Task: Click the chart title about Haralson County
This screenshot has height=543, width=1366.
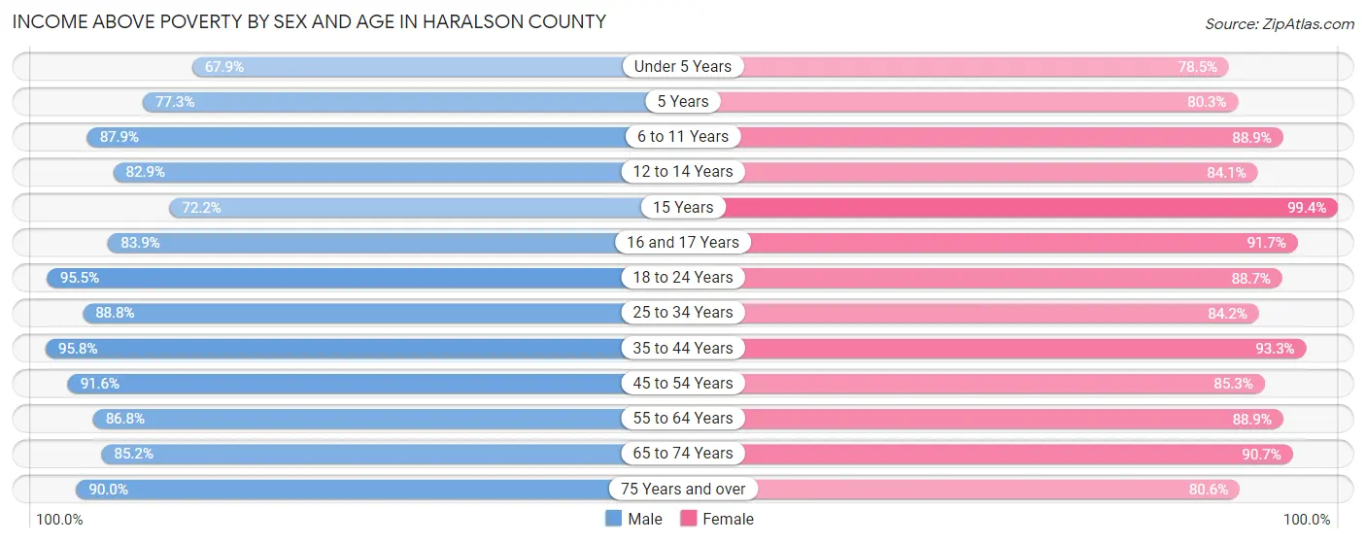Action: click(x=309, y=21)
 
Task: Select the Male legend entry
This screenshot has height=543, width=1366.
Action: click(x=633, y=519)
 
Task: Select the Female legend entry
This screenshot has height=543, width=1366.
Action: click(x=717, y=519)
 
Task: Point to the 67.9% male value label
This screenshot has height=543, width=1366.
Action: click(x=223, y=67)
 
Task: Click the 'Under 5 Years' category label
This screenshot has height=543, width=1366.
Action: click(x=683, y=67)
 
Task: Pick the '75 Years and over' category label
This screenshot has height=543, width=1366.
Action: click(x=683, y=489)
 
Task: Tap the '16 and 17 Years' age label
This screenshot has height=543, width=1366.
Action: click(x=683, y=243)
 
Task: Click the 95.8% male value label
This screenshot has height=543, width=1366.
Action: click(x=78, y=348)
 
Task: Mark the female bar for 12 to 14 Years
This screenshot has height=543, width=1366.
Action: click(x=981, y=172)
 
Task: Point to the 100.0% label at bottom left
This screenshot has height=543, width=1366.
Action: click(x=59, y=520)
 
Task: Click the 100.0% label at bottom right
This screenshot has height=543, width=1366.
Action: click(x=1306, y=520)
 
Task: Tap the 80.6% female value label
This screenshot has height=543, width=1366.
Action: click(x=1209, y=489)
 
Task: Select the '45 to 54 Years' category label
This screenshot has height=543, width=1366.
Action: click(x=683, y=384)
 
